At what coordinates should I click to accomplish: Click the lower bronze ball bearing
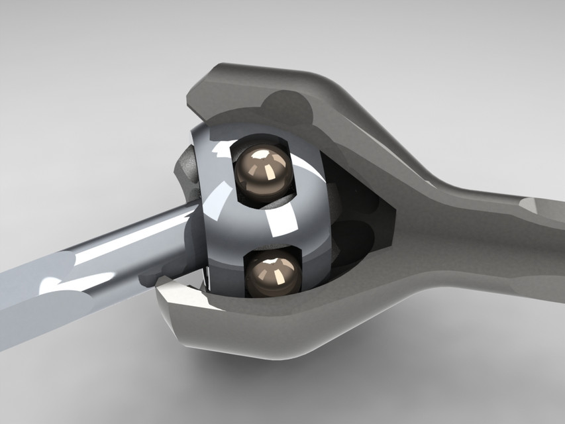(x=274, y=278)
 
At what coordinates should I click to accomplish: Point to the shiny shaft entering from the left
(x=99, y=258)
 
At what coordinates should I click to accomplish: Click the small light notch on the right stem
(x=530, y=205)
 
